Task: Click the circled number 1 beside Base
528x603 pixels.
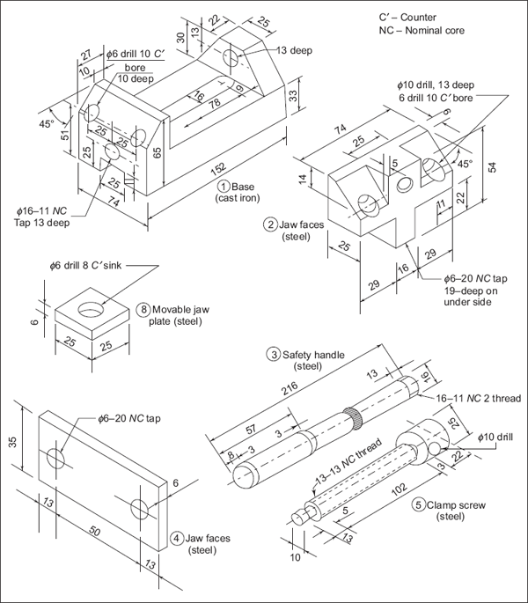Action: [224, 187]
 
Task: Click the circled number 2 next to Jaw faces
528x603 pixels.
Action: [271, 224]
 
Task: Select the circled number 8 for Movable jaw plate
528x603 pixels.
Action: [143, 310]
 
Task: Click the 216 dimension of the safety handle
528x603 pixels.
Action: [290, 386]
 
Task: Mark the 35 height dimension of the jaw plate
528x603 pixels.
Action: [13, 441]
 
